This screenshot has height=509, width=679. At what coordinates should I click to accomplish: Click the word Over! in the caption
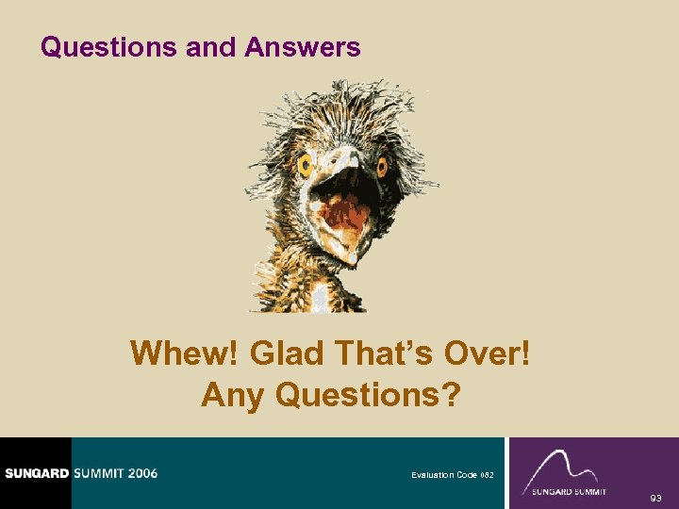490,354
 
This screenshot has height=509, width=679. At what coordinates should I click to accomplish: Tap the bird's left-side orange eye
306,166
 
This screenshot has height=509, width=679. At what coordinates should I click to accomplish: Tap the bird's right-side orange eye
382,169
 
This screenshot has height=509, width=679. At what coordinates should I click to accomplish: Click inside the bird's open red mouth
339,212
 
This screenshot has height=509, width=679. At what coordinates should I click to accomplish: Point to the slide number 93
655,497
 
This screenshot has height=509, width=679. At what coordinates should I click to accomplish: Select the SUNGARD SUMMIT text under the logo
569,492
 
